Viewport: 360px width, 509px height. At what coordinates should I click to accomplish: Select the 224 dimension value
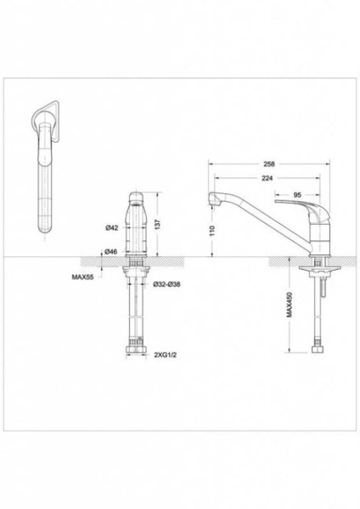(268, 177)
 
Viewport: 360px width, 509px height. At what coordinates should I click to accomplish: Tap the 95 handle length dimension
(297, 195)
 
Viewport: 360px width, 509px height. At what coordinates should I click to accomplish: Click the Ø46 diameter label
(111, 252)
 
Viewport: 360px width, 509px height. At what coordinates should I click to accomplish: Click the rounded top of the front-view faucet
(135, 197)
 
